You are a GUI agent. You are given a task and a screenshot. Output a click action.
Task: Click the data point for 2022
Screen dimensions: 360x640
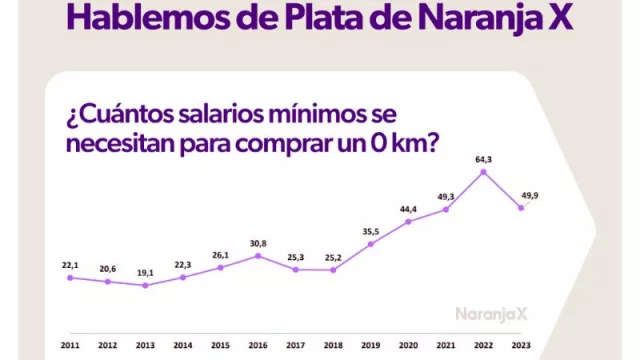(483, 172)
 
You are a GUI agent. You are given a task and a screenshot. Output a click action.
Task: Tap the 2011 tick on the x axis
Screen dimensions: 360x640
(70, 345)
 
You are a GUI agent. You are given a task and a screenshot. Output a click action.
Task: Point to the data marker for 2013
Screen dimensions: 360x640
(145, 285)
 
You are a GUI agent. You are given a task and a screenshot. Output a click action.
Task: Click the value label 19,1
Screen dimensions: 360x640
(145, 271)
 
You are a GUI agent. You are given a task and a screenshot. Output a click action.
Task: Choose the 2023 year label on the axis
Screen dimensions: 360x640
(520, 345)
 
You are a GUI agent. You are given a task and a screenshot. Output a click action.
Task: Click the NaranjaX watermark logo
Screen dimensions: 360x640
(491, 313)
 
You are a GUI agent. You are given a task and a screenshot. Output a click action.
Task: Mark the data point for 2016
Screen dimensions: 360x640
(258, 256)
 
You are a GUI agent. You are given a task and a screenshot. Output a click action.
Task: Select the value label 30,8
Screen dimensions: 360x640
(258, 242)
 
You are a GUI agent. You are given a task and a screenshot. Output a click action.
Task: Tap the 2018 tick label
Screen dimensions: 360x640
(333, 345)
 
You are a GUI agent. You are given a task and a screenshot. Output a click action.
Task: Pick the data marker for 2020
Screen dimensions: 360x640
(408, 221)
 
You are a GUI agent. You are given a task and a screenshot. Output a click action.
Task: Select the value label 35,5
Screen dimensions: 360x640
(371, 230)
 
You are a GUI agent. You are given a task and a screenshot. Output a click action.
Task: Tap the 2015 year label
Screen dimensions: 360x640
(220, 345)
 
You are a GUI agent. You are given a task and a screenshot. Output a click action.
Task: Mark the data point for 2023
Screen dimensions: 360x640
(520, 208)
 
